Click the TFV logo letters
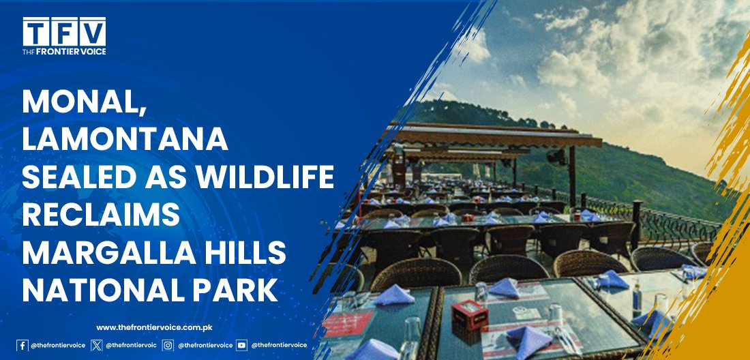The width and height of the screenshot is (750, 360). pyautogui.click(x=64, y=32)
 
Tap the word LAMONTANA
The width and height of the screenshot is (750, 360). pyautogui.click(x=125, y=140)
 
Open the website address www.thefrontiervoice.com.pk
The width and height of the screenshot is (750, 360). pyautogui.click(x=154, y=327)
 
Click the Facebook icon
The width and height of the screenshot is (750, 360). pyautogui.click(x=22, y=345)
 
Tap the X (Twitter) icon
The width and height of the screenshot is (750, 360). pyautogui.click(x=97, y=345)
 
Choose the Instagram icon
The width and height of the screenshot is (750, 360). pyautogui.click(x=168, y=345)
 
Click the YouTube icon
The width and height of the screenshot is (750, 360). pyautogui.click(x=241, y=345)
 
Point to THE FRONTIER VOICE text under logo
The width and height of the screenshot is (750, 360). pyautogui.click(x=64, y=52)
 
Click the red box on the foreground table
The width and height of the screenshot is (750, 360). pyautogui.click(x=470, y=314)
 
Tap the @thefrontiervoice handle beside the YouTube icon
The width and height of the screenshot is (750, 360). pyautogui.click(x=280, y=345)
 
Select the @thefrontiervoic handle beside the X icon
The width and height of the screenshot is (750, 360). pyautogui.click(x=131, y=345)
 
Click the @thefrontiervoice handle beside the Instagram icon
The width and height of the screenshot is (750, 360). pyautogui.click(x=206, y=345)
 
